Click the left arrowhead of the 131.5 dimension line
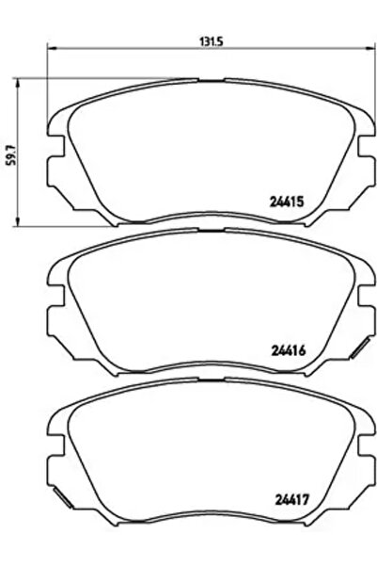point(52,51)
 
